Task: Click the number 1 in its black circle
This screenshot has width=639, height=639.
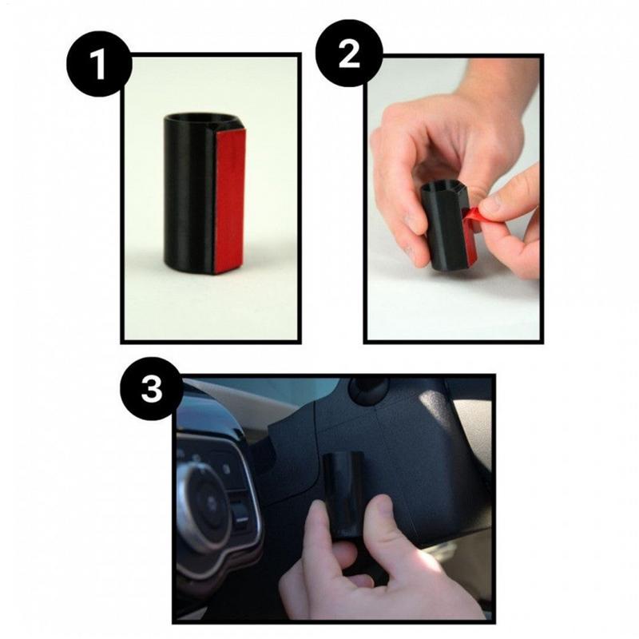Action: [x=97, y=65]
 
